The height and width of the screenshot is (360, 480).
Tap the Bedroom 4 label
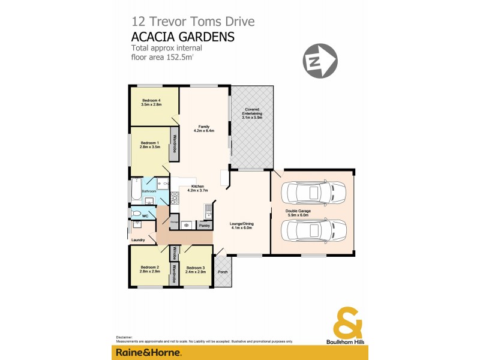pos(151,100)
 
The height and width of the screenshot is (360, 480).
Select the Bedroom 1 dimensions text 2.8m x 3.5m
pos(151,147)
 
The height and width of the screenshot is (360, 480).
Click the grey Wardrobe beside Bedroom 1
pos(175,143)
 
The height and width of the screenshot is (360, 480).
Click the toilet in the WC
pos(137,214)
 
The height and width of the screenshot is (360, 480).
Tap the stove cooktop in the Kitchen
pos(176,197)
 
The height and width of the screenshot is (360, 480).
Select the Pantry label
pos(205,226)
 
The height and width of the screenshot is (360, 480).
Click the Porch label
pos(222,271)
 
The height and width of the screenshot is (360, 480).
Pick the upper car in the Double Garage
pos(313,193)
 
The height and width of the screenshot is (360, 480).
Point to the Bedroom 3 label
pos(196,267)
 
